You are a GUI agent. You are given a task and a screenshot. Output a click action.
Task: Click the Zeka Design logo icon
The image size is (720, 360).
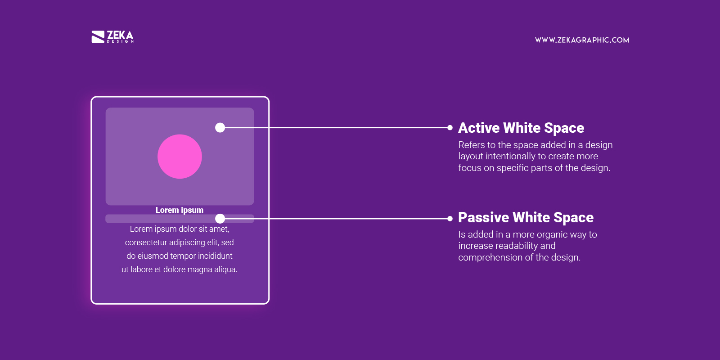tap(98, 37)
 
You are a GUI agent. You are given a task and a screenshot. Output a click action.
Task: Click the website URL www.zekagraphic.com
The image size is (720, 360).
tap(582, 40)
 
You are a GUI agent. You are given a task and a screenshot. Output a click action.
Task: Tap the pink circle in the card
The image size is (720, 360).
tap(180, 157)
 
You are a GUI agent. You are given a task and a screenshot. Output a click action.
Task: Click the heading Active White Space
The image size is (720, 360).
tap(521, 128)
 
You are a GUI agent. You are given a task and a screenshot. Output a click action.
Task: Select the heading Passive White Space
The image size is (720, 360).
tap(526, 217)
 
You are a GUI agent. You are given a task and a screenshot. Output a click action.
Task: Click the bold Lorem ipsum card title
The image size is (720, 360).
tap(180, 210)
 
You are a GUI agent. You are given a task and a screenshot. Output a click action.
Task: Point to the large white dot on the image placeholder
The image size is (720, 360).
tap(220, 128)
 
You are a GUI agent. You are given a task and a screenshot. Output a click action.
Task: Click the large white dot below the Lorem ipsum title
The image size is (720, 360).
tap(220, 219)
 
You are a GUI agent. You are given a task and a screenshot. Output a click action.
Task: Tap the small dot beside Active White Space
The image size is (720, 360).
tap(450, 128)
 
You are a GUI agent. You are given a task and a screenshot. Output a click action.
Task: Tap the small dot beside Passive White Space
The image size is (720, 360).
tap(450, 219)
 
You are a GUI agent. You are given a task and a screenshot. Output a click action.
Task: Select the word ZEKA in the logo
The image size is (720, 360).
tap(120, 35)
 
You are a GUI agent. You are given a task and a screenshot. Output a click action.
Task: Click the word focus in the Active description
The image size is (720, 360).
tap(469, 168)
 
